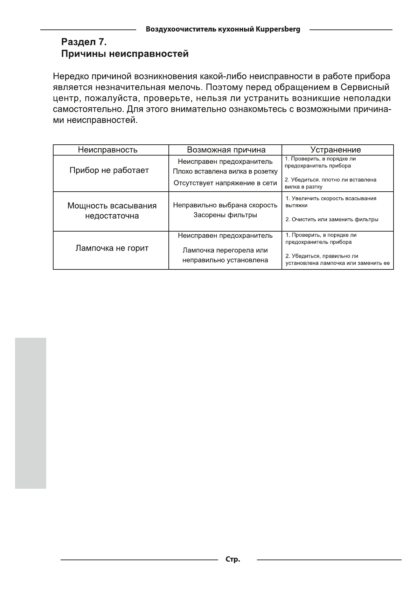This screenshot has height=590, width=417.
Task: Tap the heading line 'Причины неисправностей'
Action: tap(125, 54)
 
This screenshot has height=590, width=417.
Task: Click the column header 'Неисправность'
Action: tap(107, 150)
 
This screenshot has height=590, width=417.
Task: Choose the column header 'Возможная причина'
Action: tap(226, 150)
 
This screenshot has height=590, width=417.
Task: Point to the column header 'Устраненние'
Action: tap(335, 150)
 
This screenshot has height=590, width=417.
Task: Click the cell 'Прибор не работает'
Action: tap(109, 170)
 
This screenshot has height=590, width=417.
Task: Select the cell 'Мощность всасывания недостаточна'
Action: tap(112, 211)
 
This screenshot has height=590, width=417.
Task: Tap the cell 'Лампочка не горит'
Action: tap(112, 248)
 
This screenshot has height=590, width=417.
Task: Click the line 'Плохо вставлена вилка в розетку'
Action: tap(225, 172)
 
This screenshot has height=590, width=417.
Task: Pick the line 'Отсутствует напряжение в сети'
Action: tap(225, 183)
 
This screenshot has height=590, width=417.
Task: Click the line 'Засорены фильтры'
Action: tap(225, 215)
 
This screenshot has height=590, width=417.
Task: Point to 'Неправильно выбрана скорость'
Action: tap(225, 205)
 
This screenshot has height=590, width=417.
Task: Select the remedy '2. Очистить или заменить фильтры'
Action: tap(332, 220)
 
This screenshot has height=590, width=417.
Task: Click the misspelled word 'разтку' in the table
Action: tap(314, 187)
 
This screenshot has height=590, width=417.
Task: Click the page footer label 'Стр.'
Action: tap(233, 560)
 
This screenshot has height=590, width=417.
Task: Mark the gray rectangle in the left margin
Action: tap(30, 413)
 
